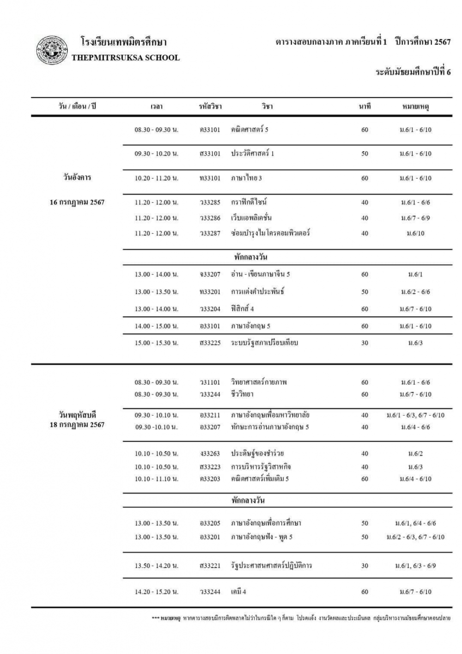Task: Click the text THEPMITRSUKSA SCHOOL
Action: point(126,58)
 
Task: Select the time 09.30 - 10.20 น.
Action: point(157,154)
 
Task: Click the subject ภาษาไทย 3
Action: point(247,178)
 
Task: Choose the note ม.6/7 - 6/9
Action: point(415,218)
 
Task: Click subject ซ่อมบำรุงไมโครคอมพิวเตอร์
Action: point(270,233)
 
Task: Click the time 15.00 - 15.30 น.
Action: point(157,343)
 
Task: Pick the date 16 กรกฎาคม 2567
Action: point(77,202)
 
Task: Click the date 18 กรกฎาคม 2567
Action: point(77,425)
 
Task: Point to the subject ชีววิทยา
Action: point(243,394)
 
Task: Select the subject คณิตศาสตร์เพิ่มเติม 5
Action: point(260,479)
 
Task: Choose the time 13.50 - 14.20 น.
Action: point(157,566)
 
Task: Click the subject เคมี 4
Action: point(239,592)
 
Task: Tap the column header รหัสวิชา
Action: point(210,107)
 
